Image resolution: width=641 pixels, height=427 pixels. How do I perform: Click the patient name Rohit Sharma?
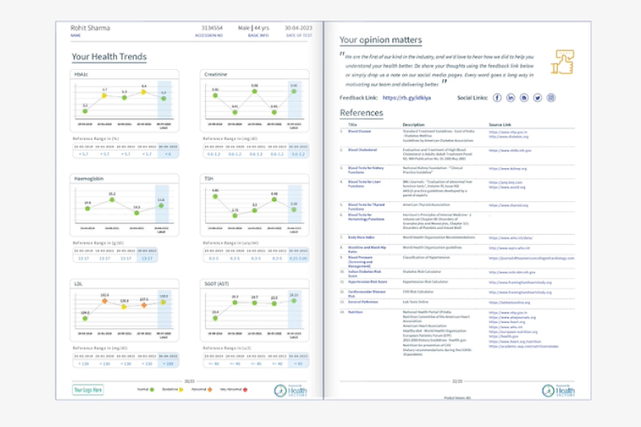click(x=91, y=28)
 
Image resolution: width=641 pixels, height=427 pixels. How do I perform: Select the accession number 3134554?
click(x=212, y=28)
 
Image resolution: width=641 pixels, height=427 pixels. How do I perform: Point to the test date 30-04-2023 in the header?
click(x=296, y=28)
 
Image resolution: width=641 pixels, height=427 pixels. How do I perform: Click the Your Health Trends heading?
click(x=109, y=57)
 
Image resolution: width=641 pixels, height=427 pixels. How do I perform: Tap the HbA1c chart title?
click(x=80, y=74)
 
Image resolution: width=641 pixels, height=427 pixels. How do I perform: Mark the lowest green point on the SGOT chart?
click(x=215, y=314)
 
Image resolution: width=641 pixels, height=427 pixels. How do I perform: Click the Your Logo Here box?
click(x=88, y=389)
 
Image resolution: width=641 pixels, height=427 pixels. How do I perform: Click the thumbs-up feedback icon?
click(x=564, y=62)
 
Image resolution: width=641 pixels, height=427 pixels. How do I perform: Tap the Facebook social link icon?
click(x=498, y=98)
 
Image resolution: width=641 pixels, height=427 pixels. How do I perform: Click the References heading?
click(x=361, y=113)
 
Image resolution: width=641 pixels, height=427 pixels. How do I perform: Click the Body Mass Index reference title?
click(x=362, y=237)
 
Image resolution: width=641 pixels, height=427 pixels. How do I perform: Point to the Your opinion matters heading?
click(x=381, y=39)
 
